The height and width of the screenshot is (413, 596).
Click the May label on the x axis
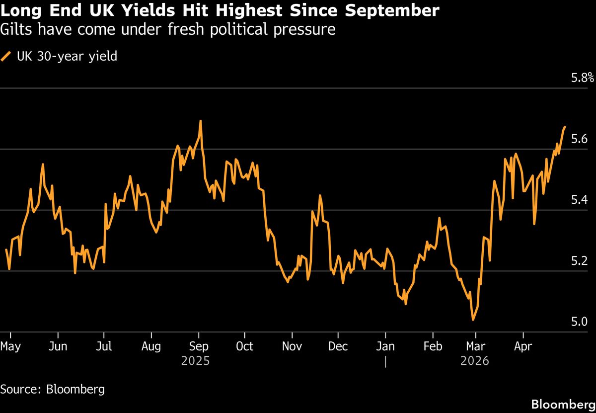click(11, 346)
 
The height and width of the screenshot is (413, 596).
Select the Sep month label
click(199, 346)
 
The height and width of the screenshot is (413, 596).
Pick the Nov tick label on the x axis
click(292, 346)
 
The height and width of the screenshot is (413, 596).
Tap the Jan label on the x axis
click(385, 346)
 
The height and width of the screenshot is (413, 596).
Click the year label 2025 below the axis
click(195, 361)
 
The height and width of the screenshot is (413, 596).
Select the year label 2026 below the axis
click(475, 361)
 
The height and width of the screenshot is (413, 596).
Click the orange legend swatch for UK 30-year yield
click(5, 56)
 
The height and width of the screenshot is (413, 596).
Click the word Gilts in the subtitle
click(14, 30)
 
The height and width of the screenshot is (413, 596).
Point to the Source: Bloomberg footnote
click(52, 389)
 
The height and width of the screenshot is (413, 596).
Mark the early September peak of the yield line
click(200, 121)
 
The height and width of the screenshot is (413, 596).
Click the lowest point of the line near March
click(473, 320)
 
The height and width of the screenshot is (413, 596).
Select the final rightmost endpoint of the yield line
click(565, 127)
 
